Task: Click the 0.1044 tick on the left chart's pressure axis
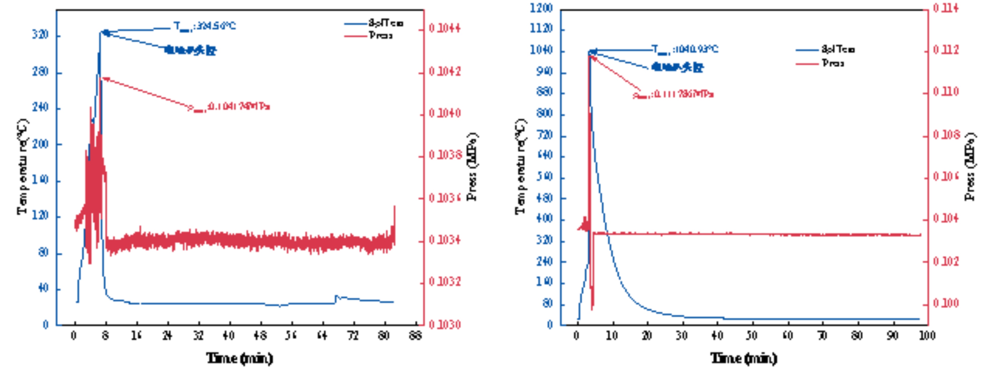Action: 445,28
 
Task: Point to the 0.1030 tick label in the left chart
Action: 445,324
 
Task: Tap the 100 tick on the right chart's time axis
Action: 927,335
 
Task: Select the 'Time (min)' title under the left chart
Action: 239,358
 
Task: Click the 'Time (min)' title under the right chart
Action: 744,358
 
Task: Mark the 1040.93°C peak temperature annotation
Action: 685,49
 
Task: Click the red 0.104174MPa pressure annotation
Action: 229,107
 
